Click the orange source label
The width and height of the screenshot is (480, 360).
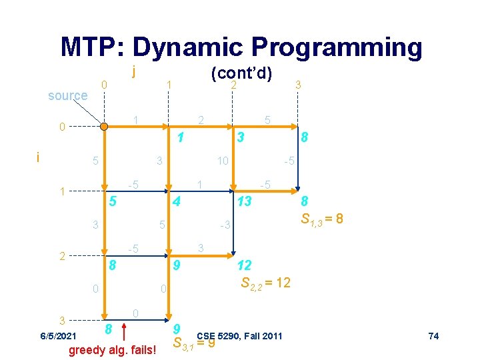pyautogui.click(x=67, y=95)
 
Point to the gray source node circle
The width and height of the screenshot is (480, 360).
pyautogui.click(x=103, y=125)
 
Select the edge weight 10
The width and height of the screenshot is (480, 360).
pyautogui.click(x=222, y=161)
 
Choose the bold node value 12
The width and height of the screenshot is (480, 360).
pyautogui.click(x=245, y=265)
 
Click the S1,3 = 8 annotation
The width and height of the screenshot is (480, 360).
pyautogui.click(x=322, y=218)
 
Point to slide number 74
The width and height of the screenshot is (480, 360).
pyautogui.click(x=433, y=335)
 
